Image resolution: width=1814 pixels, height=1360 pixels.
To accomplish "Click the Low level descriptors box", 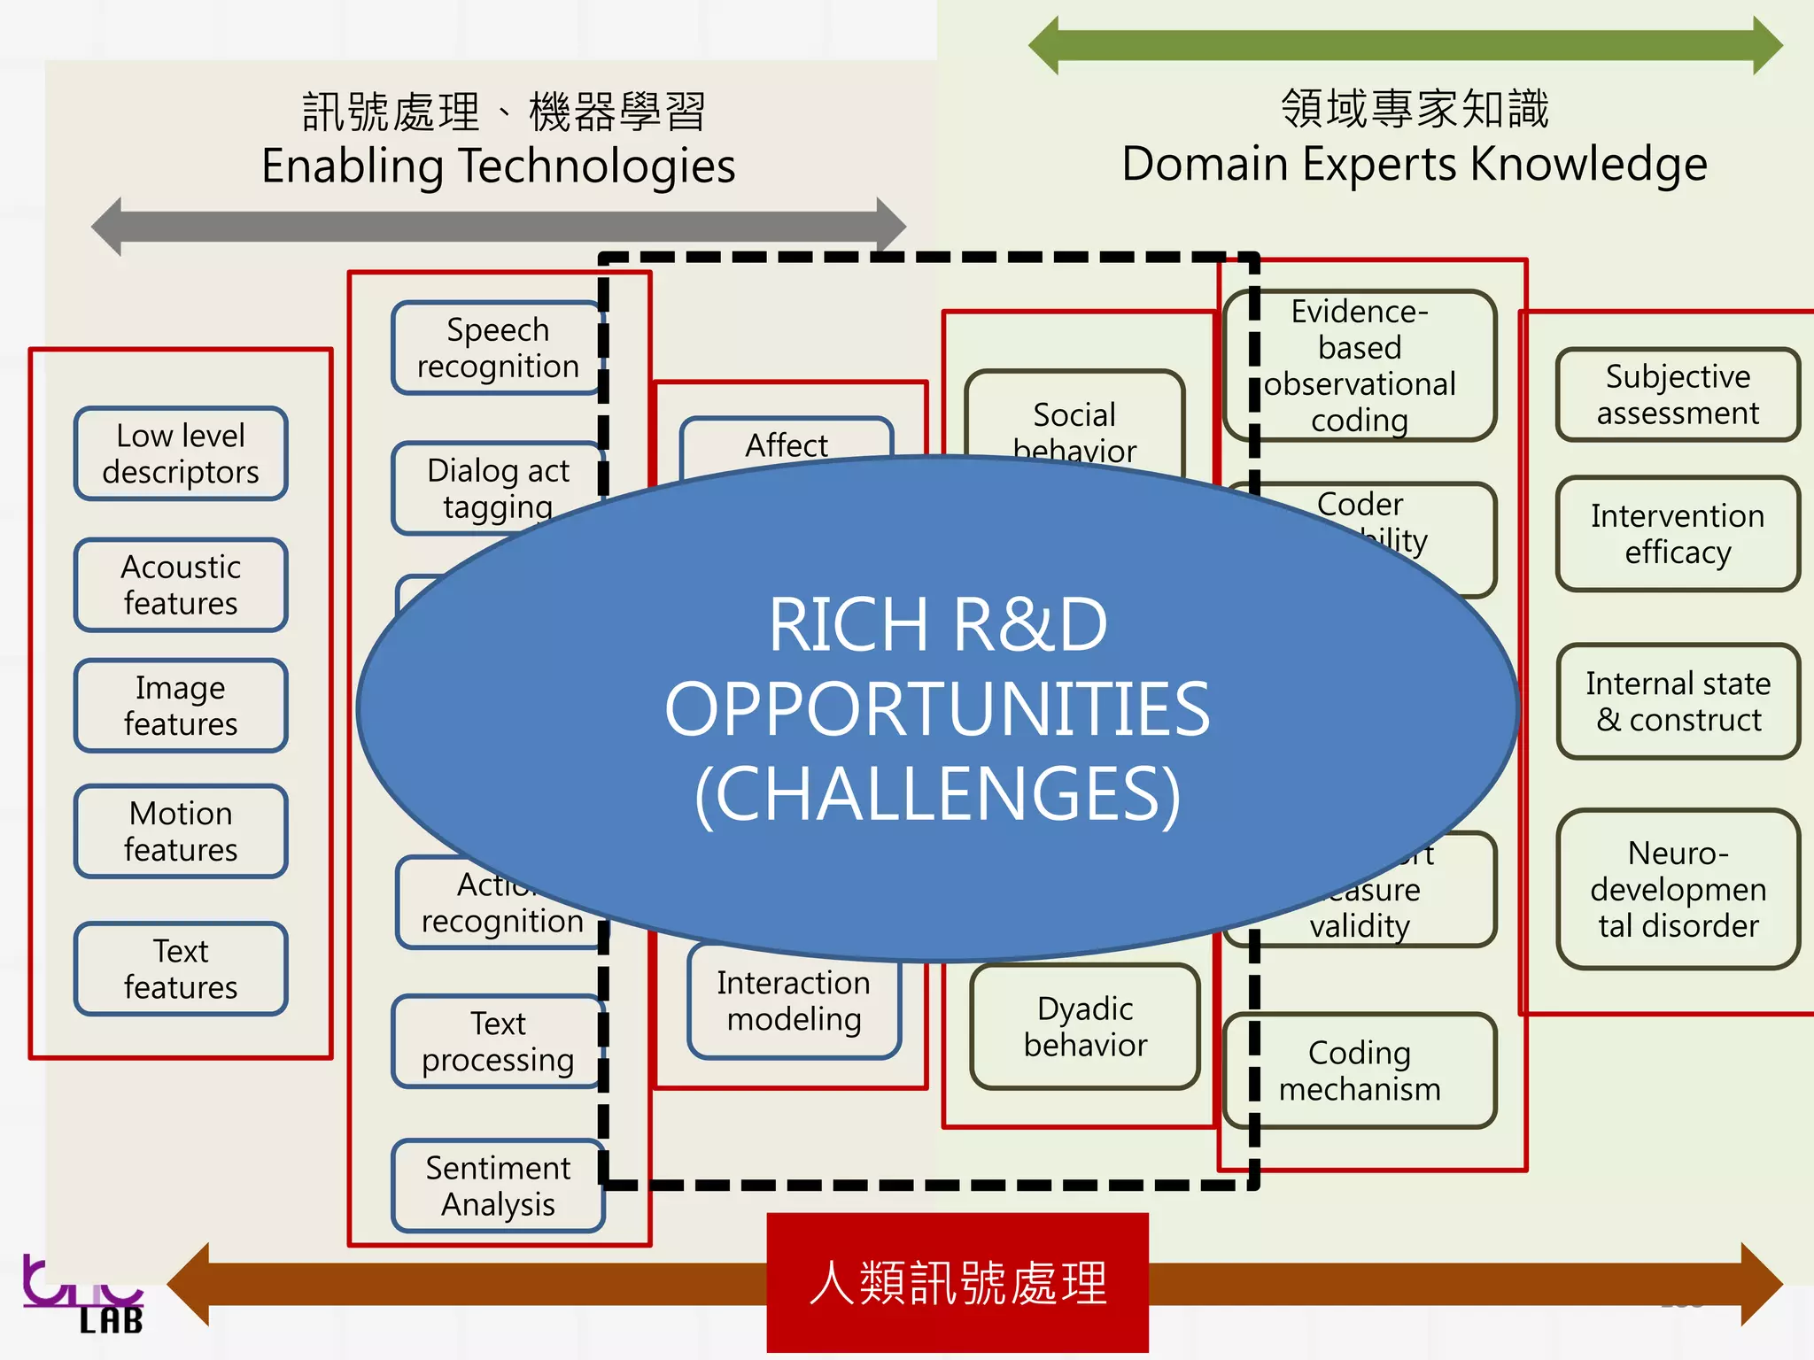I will (x=181, y=454).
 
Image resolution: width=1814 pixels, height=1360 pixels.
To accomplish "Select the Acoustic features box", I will (x=181, y=585).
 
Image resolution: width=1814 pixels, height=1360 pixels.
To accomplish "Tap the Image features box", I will (x=181, y=706).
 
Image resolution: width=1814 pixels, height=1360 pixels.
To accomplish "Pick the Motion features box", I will (x=181, y=831).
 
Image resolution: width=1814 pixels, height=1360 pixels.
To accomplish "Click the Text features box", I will (x=181, y=969).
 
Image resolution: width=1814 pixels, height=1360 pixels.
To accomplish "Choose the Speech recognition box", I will (x=497, y=348).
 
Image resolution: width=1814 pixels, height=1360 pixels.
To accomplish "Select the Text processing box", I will (x=497, y=1041).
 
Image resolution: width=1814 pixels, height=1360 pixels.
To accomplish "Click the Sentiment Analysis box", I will (x=498, y=1186).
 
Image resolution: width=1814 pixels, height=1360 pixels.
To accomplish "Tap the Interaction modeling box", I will (x=794, y=1001).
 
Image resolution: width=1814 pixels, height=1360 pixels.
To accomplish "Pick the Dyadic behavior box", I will (x=1085, y=1027).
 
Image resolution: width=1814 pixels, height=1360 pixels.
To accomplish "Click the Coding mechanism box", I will (x=1360, y=1070).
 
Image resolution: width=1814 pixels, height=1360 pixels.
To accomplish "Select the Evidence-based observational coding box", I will (x=1360, y=366).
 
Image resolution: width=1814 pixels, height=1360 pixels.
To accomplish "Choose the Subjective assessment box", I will (x=1678, y=395).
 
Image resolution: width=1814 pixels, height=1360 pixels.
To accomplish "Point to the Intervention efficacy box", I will (x=1678, y=534).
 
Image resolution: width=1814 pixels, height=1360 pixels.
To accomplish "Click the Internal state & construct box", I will (x=1678, y=701).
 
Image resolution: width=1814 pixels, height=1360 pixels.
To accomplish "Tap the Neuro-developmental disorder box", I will (x=1678, y=889).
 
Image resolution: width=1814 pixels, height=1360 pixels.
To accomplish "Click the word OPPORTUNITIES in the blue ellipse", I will (x=937, y=709).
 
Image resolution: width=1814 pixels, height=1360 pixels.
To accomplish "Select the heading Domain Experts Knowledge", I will (x=1415, y=165).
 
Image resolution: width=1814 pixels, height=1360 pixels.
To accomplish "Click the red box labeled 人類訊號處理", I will (x=957, y=1283).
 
